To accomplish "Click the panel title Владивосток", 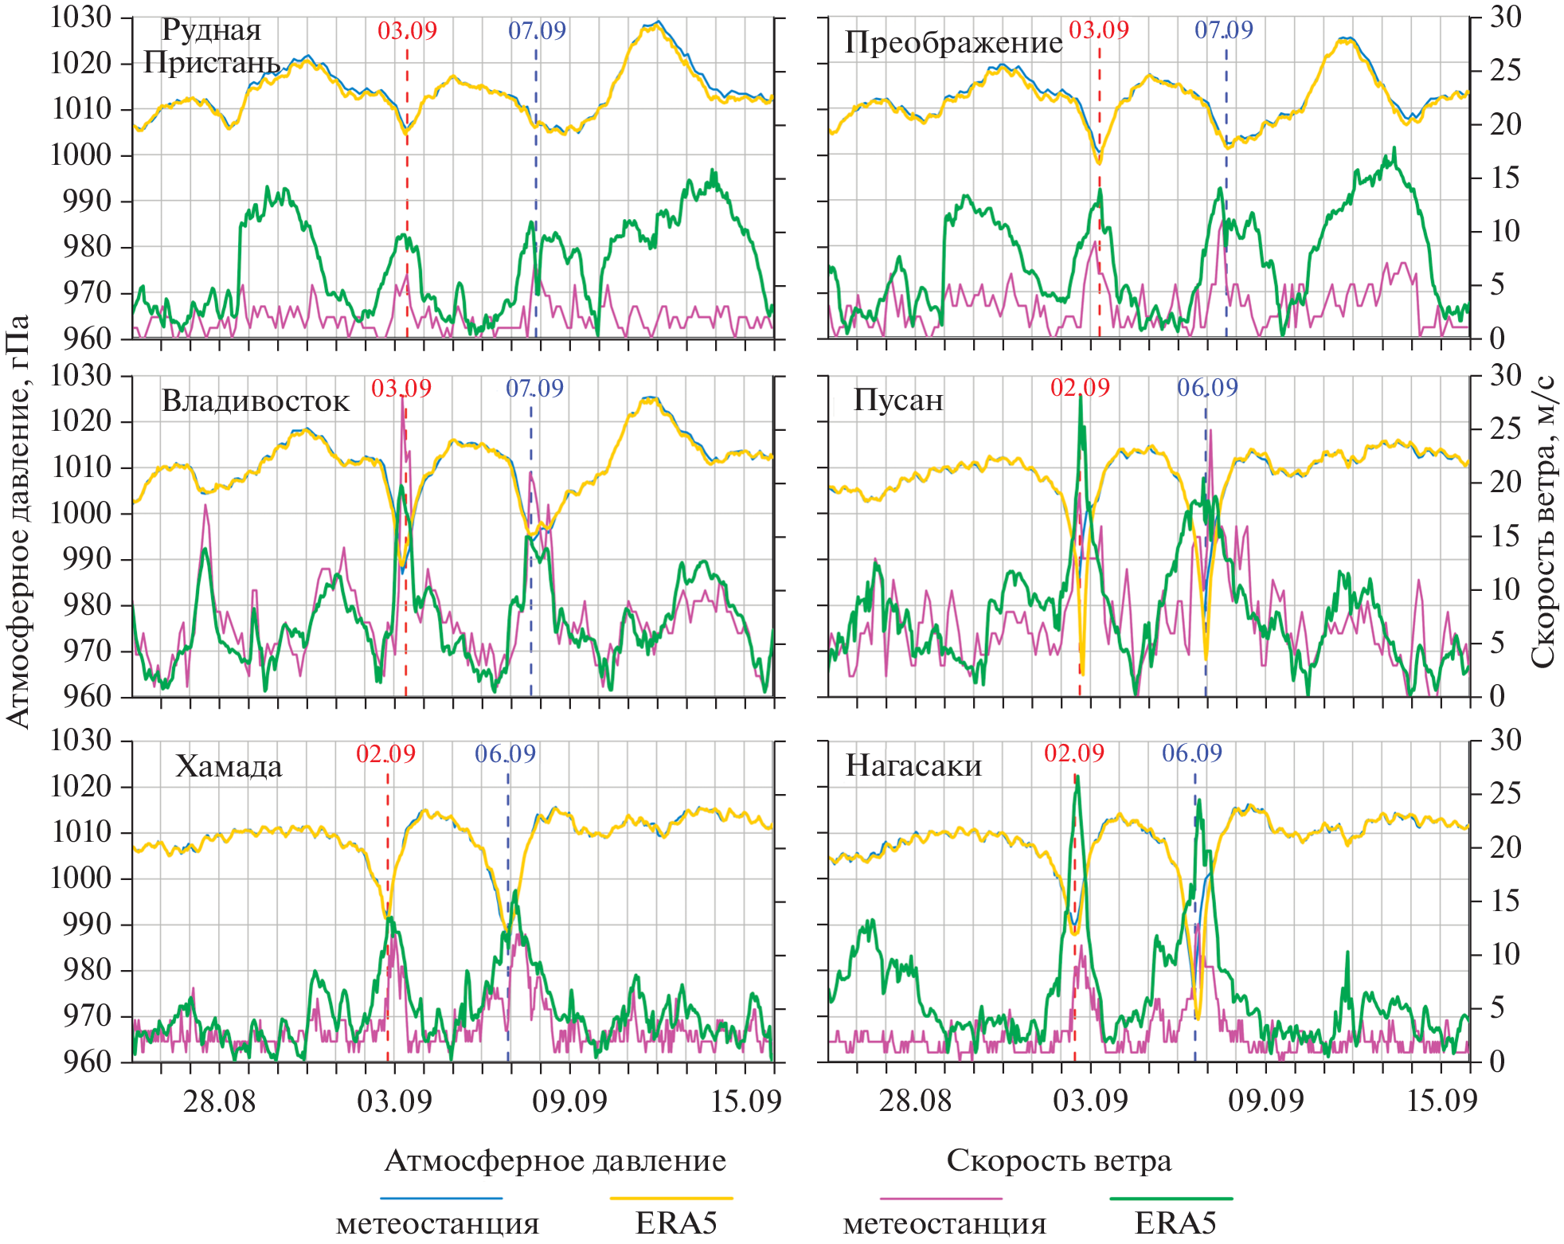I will tap(255, 401).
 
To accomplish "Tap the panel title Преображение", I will tap(953, 42).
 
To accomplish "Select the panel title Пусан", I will tap(898, 400).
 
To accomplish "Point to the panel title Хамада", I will tap(229, 766).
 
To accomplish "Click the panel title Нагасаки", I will tap(913, 765).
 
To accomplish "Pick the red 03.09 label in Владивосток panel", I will tap(401, 389).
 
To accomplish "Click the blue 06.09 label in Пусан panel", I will tap(1207, 388).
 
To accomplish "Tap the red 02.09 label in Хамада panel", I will tap(385, 753).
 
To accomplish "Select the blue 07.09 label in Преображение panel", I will tap(1223, 30).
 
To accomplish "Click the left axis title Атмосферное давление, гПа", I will tap(18, 521).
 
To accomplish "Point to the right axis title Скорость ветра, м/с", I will tap(1542, 521).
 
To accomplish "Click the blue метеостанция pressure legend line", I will tap(441, 1198).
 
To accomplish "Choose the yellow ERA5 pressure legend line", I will tap(671, 1198).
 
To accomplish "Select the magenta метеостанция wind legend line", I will tap(940, 1198).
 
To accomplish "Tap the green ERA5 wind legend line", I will tap(1171, 1198).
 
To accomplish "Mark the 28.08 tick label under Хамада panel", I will tap(219, 1101).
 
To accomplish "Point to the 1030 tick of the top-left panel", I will tap(80, 17).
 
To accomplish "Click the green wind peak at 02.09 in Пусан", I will tap(1081, 398).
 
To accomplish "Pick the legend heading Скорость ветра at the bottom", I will tap(1058, 1160).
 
